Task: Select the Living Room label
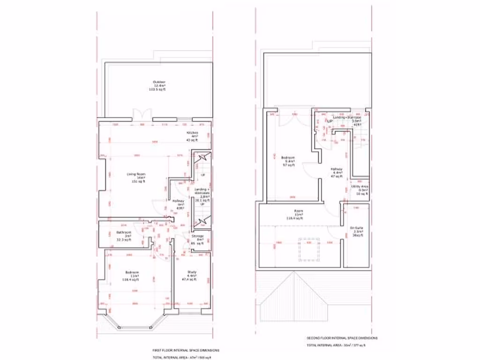[136, 178]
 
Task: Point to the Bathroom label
[124, 236]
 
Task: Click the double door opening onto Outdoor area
[142, 115]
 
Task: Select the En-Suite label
[358, 232]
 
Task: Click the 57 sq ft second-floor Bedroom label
[288, 161]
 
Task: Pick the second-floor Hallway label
[337, 172]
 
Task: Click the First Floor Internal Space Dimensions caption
[185, 350]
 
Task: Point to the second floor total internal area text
[335, 345]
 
